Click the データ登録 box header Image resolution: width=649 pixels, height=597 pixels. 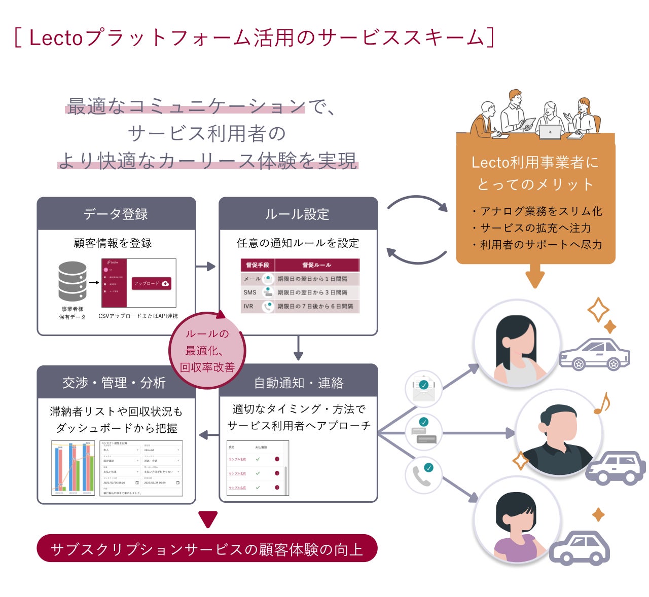tap(116, 214)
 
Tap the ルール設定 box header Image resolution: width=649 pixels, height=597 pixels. tap(298, 214)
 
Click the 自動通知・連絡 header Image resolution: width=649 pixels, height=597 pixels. tap(298, 383)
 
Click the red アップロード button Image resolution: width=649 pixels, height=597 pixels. tap(151, 284)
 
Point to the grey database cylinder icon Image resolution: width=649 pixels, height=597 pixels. tap(72, 281)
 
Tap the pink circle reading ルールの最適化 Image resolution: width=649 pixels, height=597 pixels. tap(207, 350)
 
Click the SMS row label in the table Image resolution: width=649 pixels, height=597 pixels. tap(250, 292)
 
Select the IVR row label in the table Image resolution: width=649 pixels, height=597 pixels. tap(248, 306)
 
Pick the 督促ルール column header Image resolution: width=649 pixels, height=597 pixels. tap(316, 265)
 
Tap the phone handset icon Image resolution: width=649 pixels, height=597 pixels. tap(422, 475)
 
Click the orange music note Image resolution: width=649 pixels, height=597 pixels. tap(602, 403)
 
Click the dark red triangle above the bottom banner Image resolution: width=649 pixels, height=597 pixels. tap(208, 519)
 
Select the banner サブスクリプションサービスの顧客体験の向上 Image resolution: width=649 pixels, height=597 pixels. tap(207, 549)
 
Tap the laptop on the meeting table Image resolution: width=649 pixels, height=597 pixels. tap(550, 132)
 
